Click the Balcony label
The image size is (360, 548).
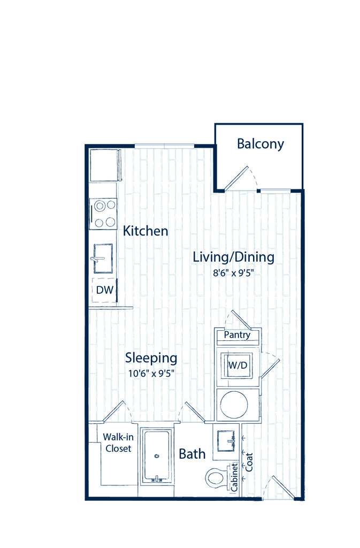click(260, 144)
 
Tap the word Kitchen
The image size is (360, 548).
click(145, 231)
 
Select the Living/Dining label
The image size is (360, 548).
click(234, 257)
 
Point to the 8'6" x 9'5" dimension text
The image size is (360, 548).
click(233, 272)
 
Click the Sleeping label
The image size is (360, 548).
click(151, 358)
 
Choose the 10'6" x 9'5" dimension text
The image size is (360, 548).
click(151, 373)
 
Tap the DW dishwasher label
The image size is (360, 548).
click(105, 290)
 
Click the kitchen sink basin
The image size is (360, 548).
click(103, 258)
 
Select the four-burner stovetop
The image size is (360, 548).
click(103, 214)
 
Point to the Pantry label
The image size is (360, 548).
click(237, 335)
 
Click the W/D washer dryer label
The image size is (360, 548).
click(238, 365)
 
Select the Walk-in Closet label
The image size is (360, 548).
click(118, 443)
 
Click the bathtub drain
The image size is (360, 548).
click(157, 456)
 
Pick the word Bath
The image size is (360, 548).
click(192, 454)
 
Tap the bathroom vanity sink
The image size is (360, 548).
click(226, 442)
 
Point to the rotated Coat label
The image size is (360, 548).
click(249, 462)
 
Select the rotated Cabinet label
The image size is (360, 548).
click(234, 477)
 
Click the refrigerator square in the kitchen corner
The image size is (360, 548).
click(105, 165)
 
